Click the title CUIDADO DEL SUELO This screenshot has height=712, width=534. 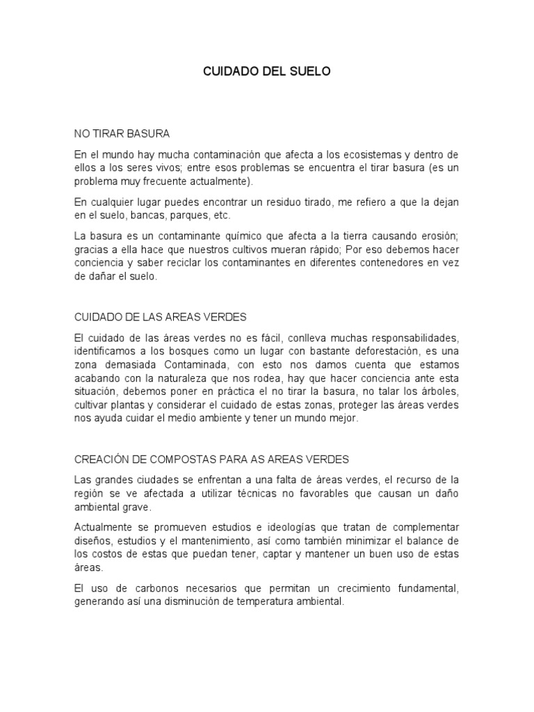coord(267,72)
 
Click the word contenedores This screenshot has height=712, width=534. coord(387,262)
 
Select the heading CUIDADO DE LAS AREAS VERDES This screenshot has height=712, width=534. coord(161,316)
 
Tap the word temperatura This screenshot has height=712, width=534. coord(275,602)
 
